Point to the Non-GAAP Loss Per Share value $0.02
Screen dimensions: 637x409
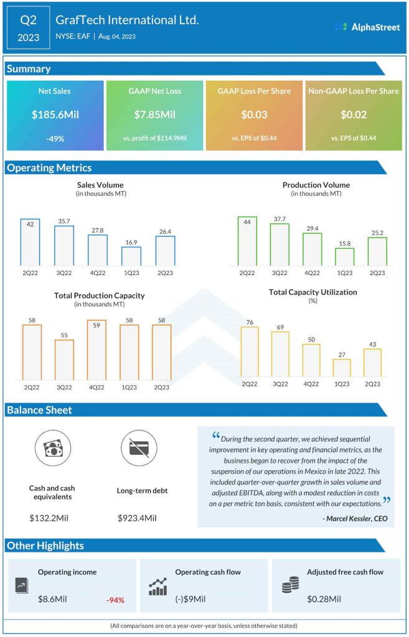click(353, 115)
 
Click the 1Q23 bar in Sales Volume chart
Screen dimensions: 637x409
click(131, 256)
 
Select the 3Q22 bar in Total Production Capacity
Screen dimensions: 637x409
click(64, 360)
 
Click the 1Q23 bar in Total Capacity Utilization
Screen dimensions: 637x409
click(341, 368)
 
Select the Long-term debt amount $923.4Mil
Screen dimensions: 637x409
click(138, 518)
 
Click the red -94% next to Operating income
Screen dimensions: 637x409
click(115, 600)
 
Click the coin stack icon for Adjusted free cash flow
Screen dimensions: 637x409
click(290, 585)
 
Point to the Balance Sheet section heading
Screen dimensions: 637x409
click(39, 410)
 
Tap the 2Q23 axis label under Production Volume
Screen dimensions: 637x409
click(377, 272)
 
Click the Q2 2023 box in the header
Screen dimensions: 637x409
click(28, 27)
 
